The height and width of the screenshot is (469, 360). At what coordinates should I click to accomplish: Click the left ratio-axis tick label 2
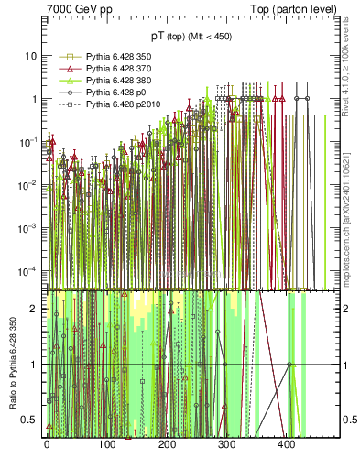[34, 309]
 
